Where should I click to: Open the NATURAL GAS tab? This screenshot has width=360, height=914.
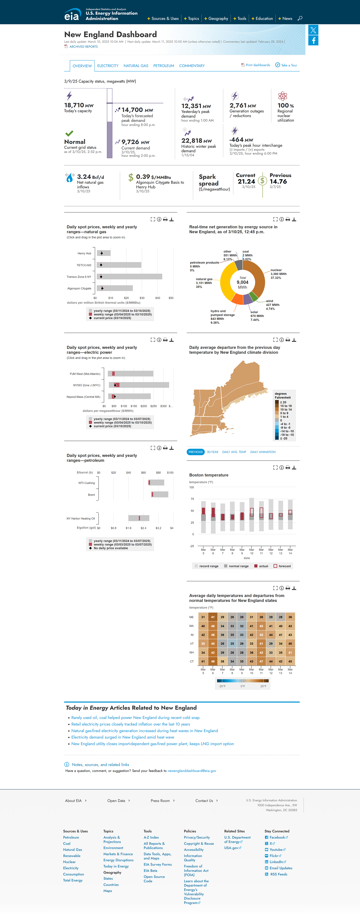click(136, 66)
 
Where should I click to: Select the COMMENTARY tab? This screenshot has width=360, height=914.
click(192, 66)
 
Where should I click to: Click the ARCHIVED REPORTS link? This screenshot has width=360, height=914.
click(83, 47)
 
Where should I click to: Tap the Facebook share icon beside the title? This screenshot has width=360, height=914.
click(313, 41)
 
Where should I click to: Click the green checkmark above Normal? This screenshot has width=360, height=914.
click(69, 133)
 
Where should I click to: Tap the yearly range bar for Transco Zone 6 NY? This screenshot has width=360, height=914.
click(129, 276)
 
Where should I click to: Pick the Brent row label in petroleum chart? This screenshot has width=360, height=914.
click(91, 495)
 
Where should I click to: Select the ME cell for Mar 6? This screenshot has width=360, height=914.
click(213, 617)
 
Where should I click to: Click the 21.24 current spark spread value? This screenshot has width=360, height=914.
click(246, 181)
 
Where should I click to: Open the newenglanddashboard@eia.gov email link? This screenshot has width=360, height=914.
click(192, 771)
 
